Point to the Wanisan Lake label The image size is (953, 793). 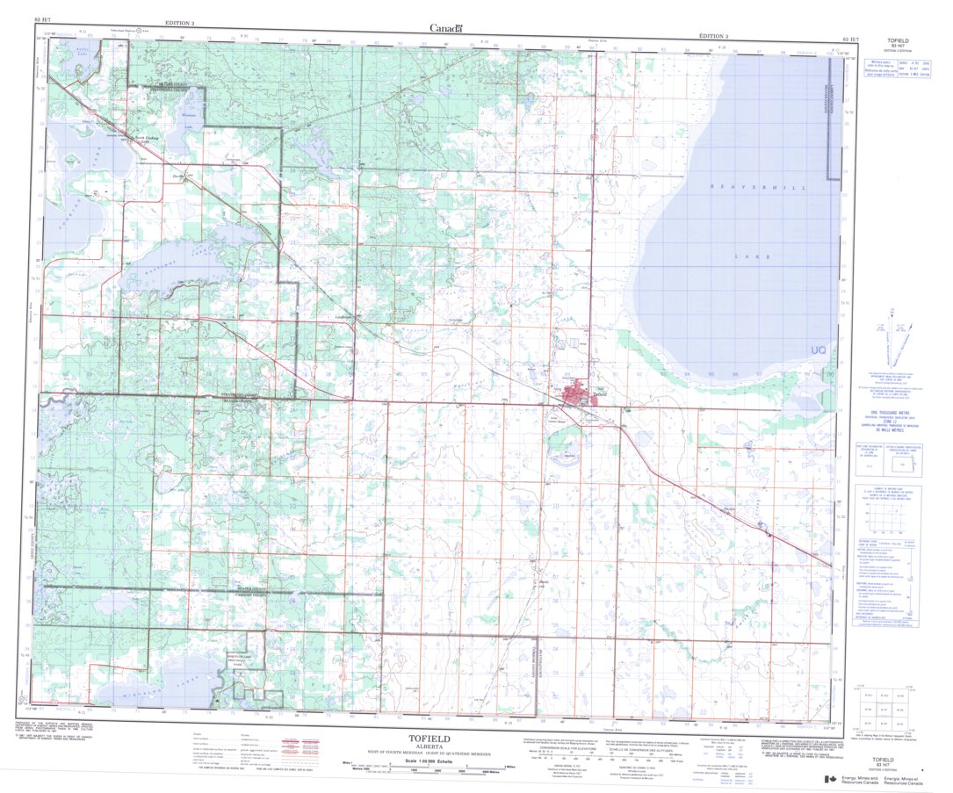coord(189,119)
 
